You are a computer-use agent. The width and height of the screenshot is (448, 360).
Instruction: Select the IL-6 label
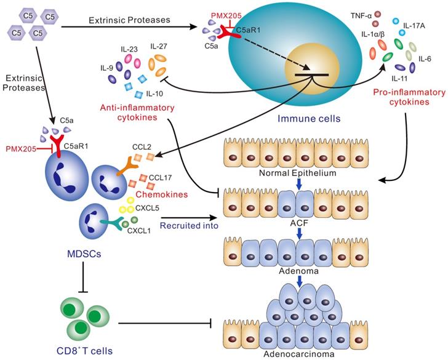point(425,60)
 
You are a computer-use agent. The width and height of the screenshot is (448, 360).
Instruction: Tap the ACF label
point(297,223)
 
